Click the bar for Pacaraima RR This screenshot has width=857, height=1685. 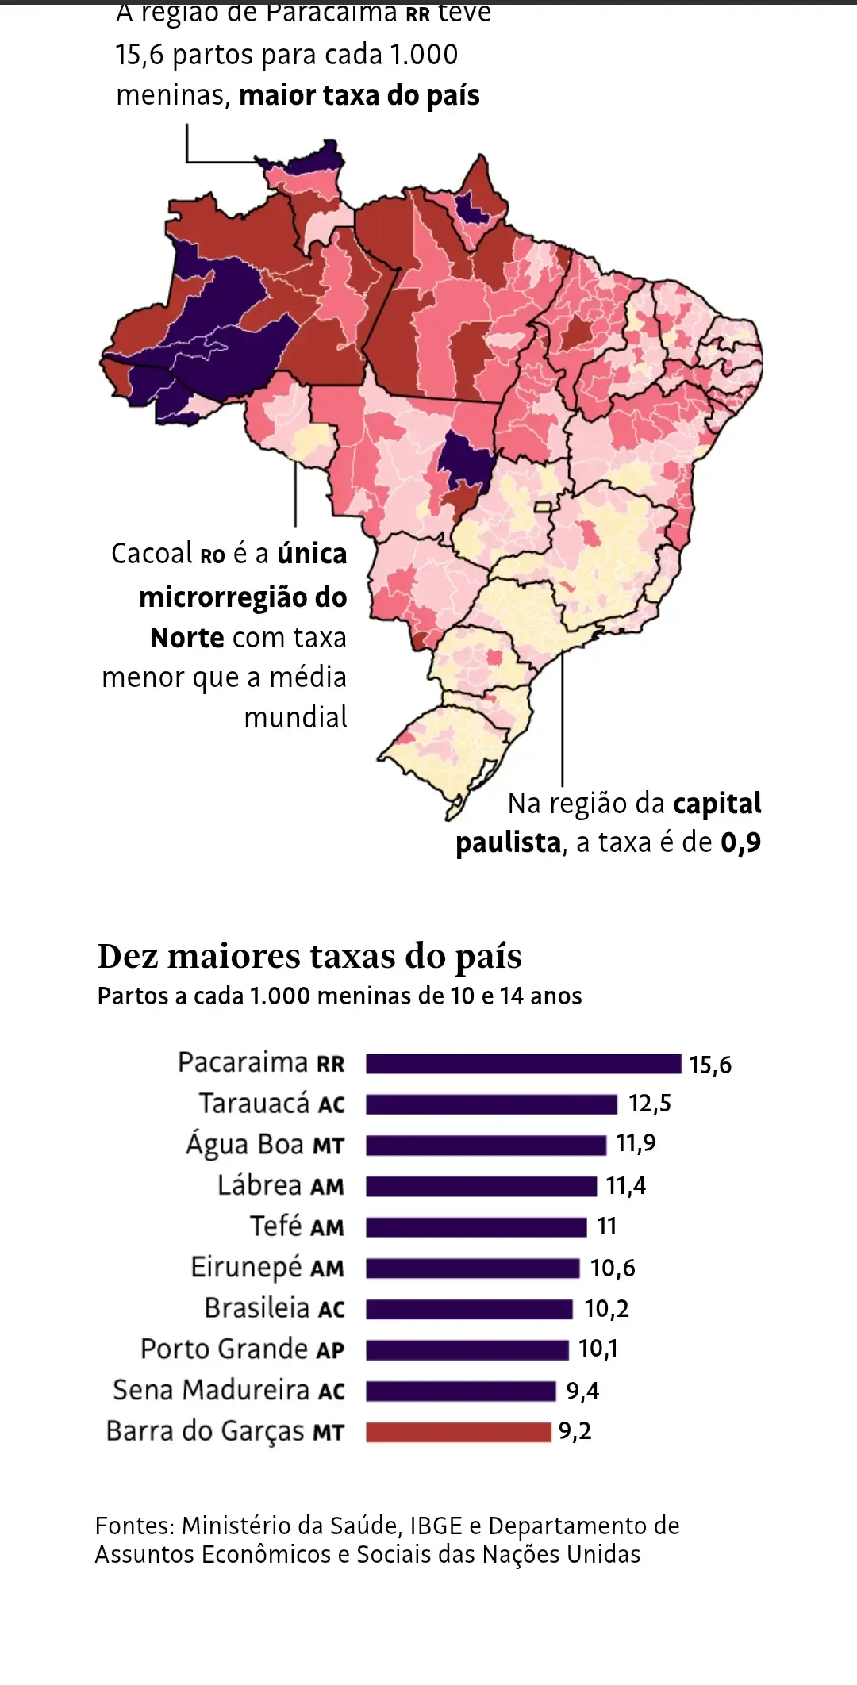523,1064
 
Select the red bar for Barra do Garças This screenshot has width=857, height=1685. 458,1432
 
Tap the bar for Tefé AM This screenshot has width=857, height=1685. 476,1227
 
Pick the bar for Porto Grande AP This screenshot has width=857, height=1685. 467,1349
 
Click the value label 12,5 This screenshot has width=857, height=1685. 650,1104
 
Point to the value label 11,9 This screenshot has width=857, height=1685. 636,1143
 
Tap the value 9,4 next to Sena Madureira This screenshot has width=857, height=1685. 582,1391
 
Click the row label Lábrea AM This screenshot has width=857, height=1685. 281,1186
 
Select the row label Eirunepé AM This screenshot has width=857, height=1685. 267,1268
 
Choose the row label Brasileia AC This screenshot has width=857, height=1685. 275,1308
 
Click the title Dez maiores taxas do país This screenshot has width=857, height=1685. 309,957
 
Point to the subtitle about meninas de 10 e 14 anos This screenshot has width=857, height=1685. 340,996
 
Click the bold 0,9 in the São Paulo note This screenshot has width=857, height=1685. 740,842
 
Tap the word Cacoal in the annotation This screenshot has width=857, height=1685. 152,554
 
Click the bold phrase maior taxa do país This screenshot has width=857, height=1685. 359,96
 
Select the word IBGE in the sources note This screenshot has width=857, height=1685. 436,1526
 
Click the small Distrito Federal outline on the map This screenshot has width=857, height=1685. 543,506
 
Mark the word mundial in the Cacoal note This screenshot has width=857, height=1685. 295,717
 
